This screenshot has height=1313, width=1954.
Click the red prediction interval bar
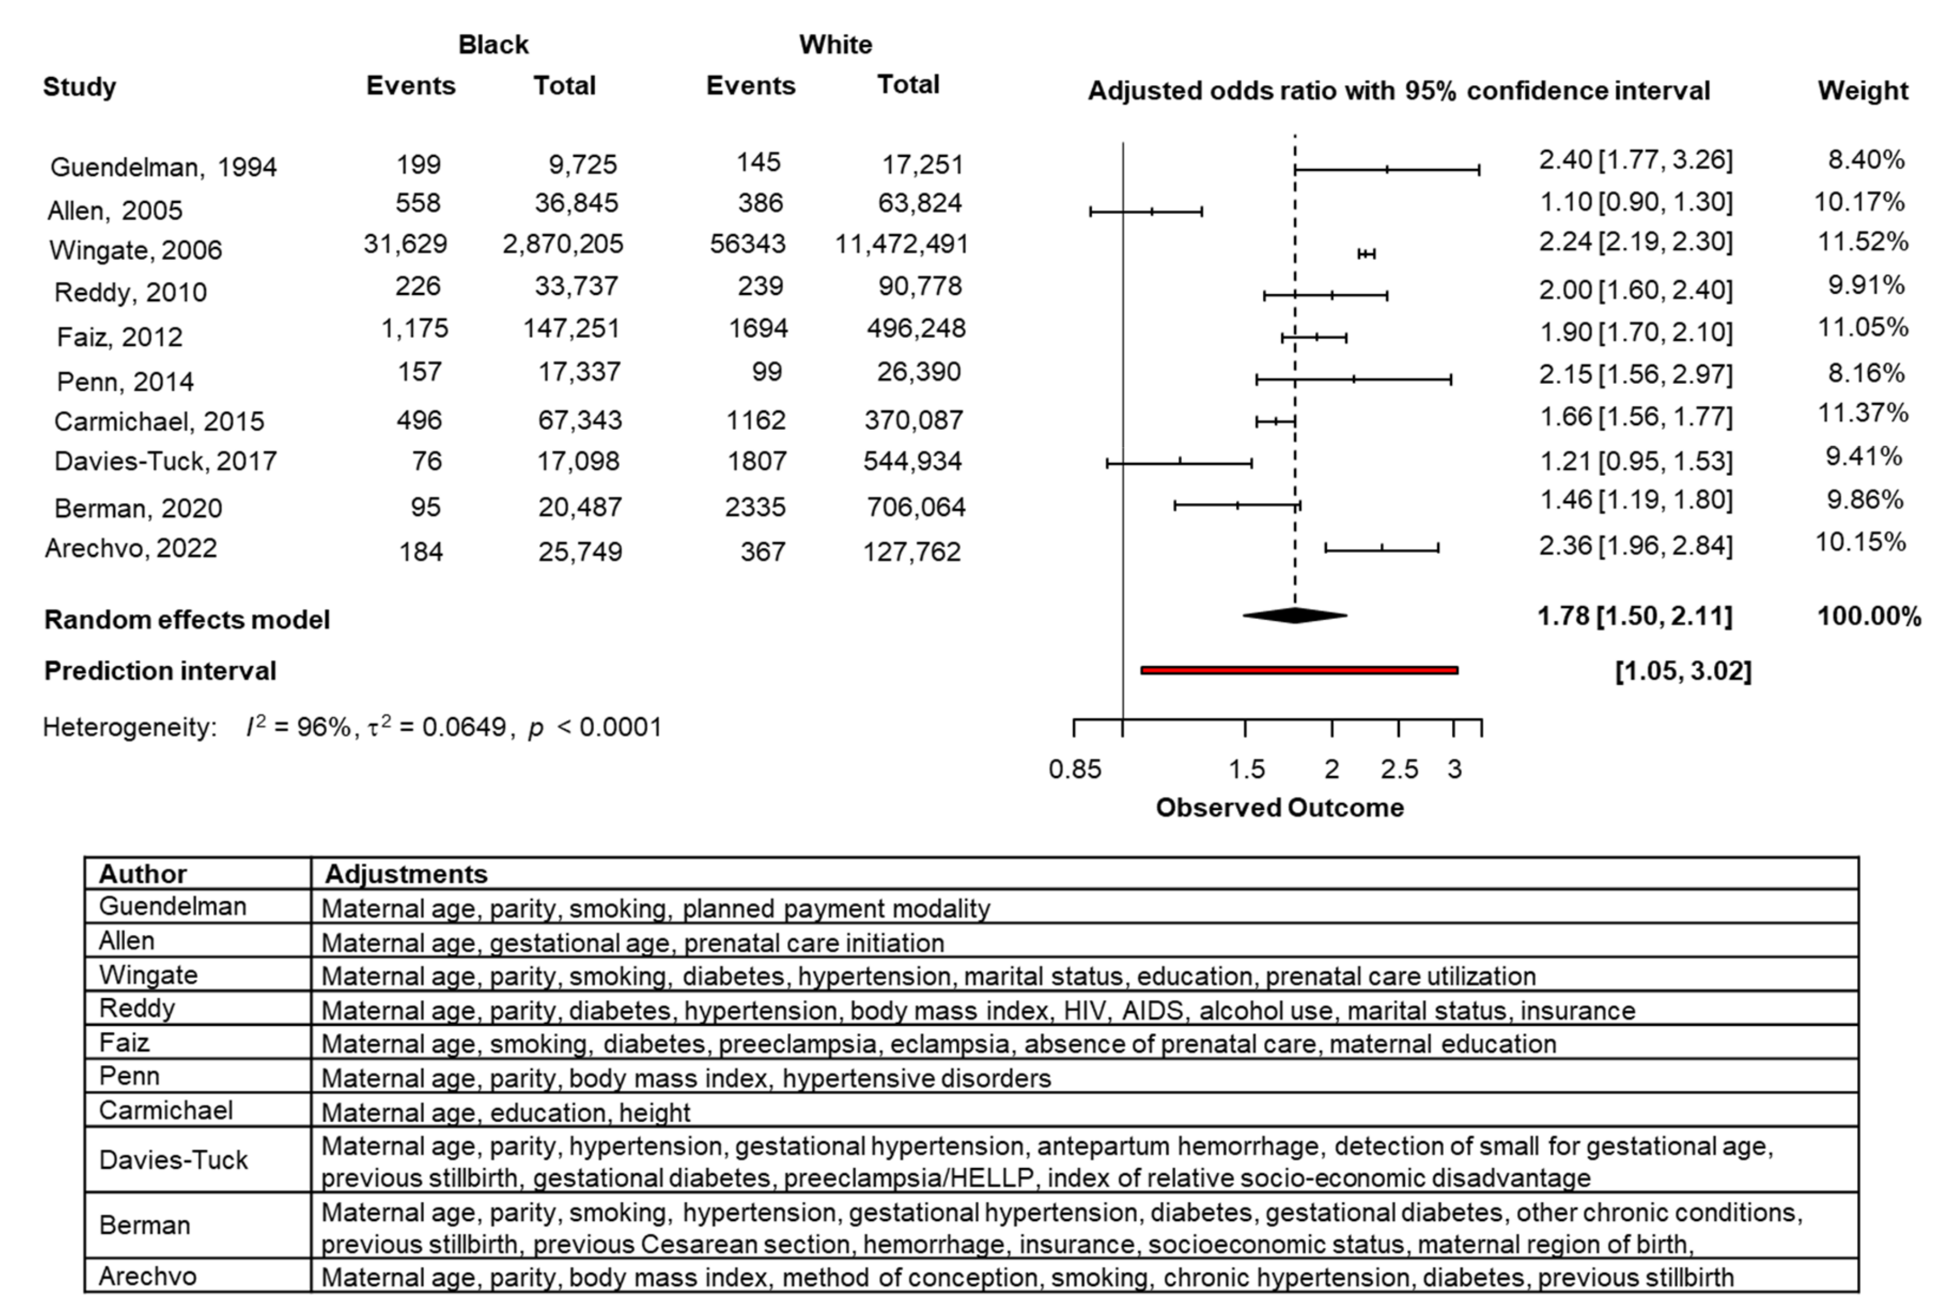click(x=1299, y=670)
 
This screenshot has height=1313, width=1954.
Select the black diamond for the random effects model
click(x=1295, y=616)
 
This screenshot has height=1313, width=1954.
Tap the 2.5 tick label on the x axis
click(x=1398, y=769)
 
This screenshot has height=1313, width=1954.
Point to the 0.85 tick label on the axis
click(x=1075, y=769)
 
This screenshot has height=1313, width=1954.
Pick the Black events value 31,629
click(x=406, y=244)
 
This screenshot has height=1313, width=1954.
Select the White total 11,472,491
click(x=901, y=244)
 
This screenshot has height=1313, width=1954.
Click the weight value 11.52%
click(x=1862, y=242)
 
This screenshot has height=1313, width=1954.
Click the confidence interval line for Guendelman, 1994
click(x=1387, y=169)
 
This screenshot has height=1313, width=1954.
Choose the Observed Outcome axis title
click(x=1279, y=807)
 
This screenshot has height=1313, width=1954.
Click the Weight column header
click(x=1862, y=90)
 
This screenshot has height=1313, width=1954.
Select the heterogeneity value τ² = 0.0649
click(x=436, y=727)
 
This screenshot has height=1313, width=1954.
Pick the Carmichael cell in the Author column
click(x=166, y=1110)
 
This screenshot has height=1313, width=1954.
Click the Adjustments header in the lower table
click(x=406, y=873)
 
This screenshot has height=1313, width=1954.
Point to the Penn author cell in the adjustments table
click(x=129, y=1076)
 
